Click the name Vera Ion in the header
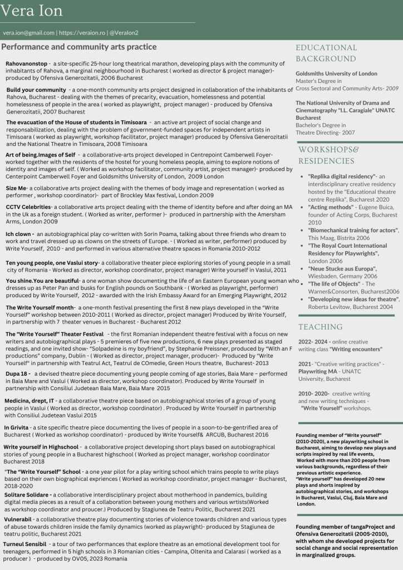tap(32, 11)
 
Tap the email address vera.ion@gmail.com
tap(28, 33)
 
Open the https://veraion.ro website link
tap(82, 33)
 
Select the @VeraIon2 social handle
tap(124, 33)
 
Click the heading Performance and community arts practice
tap(79, 47)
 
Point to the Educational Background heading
tap(326, 53)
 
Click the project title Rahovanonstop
tap(26, 64)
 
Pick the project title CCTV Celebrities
tap(28, 207)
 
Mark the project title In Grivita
tap(16, 427)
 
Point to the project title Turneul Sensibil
tap(25, 543)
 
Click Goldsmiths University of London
tap(336, 73)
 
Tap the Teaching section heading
tap(320, 327)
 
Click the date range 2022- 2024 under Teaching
tap(313, 342)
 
